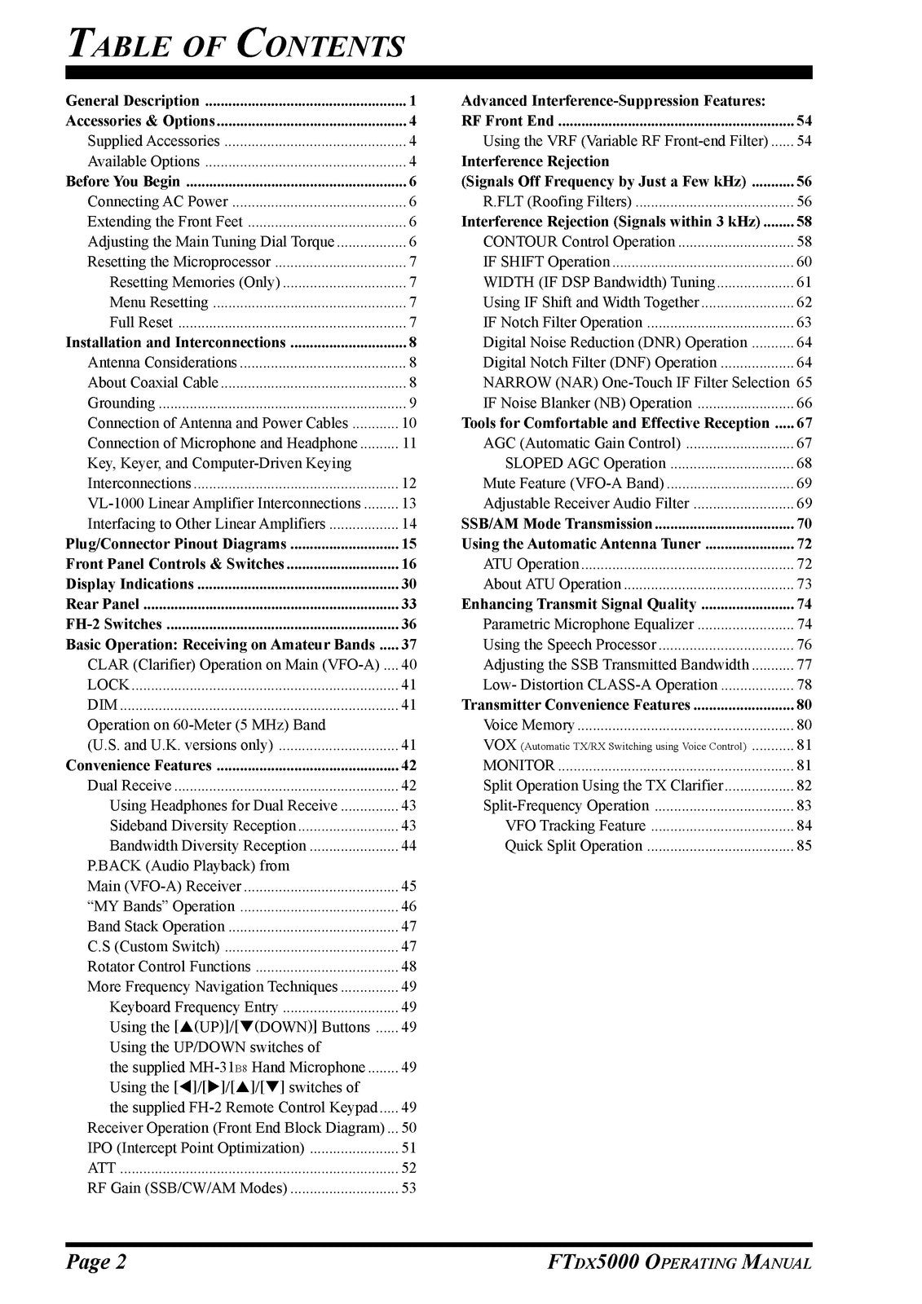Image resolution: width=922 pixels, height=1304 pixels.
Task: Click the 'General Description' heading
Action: (132, 101)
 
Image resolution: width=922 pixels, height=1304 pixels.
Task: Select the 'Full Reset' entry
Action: (141, 322)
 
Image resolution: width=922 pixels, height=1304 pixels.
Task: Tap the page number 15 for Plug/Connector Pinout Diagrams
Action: (408, 544)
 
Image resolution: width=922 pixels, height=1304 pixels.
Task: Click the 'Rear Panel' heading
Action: (103, 604)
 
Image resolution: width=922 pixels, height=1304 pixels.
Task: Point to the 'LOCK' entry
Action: (108, 685)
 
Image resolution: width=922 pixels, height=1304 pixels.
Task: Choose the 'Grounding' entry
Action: (121, 403)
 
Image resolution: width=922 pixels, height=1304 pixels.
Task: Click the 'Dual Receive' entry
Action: (130, 786)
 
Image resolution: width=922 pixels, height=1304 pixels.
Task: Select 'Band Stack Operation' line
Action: (156, 927)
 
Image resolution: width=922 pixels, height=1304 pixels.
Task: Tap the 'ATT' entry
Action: (101, 1168)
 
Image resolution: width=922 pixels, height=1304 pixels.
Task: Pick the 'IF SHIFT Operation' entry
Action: (546, 262)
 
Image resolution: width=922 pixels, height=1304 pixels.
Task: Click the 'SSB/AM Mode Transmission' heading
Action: (556, 523)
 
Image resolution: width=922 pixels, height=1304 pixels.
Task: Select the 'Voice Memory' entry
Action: (528, 725)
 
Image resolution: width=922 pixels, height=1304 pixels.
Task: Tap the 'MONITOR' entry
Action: (518, 765)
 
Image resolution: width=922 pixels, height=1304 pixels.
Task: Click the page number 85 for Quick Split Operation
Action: (804, 846)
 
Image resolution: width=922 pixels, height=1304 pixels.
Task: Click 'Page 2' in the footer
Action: (96, 1262)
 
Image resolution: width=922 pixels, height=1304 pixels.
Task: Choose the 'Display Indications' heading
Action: (130, 584)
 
